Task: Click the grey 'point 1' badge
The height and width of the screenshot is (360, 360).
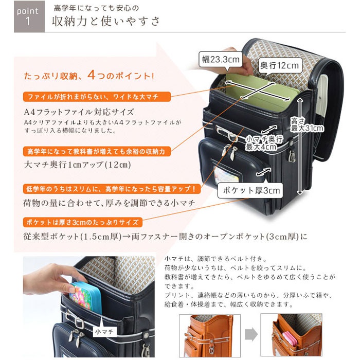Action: pos(29,16)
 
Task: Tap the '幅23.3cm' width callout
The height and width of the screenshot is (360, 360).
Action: pos(221,60)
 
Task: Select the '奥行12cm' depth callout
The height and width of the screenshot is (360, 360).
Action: pos(280,66)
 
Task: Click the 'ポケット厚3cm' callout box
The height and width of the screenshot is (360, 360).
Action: pos(250,190)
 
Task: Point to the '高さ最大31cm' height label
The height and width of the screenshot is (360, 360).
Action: pos(307,124)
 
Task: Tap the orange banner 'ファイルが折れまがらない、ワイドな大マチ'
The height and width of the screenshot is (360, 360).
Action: pos(97,97)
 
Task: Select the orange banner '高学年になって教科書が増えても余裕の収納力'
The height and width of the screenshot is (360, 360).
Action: pos(97,152)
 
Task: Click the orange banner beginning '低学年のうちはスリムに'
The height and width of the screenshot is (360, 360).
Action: pos(112,189)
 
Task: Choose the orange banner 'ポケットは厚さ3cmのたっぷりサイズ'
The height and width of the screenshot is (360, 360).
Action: pos(83,222)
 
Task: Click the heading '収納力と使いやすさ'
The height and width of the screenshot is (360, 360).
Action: pos(105,22)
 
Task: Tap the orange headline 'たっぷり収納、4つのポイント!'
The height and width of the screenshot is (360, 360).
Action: pos(89,75)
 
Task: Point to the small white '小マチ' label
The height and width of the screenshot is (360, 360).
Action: pos(104,332)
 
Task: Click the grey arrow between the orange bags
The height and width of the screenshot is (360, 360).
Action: pos(251,334)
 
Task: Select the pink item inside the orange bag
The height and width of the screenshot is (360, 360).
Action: pos(290,339)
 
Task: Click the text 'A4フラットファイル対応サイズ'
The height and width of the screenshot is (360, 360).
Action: pos(79,112)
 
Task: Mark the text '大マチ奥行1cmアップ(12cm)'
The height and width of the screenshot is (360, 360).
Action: pos(77,165)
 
